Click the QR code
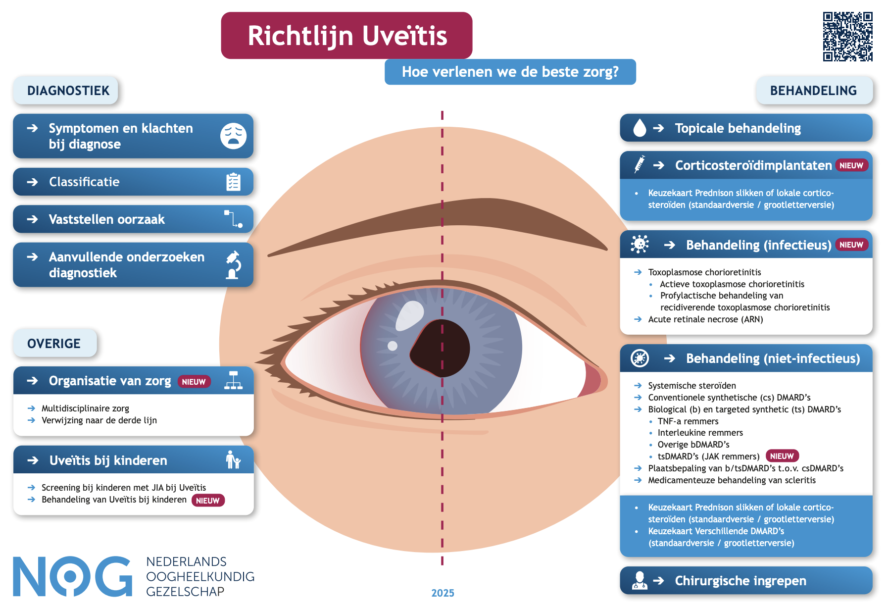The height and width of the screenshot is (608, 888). point(847,37)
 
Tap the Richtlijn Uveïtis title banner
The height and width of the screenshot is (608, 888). point(346,36)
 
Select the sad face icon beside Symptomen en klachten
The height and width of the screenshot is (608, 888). point(233,136)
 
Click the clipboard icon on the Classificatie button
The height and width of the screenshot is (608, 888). point(233,182)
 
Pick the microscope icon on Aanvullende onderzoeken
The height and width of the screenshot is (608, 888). point(233,265)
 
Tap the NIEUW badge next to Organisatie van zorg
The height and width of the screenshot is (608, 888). point(194,382)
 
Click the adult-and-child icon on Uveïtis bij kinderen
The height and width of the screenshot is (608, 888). point(233,460)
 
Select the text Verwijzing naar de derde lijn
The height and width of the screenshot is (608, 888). point(99,420)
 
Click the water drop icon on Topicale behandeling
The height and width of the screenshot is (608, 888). point(640,128)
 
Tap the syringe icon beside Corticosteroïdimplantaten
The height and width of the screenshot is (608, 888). point(640,164)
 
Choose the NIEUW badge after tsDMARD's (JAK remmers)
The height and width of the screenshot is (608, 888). point(782,456)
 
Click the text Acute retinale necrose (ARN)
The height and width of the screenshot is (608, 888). point(705,319)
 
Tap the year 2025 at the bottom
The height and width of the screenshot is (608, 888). point(443,593)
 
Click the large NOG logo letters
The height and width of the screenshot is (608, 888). point(72,576)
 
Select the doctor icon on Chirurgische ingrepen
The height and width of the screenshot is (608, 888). point(640,580)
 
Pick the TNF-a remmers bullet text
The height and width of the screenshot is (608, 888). point(688,421)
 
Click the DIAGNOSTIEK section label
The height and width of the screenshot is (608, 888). point(68,91)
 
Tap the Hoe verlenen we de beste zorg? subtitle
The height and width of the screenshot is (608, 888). point(510,72)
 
